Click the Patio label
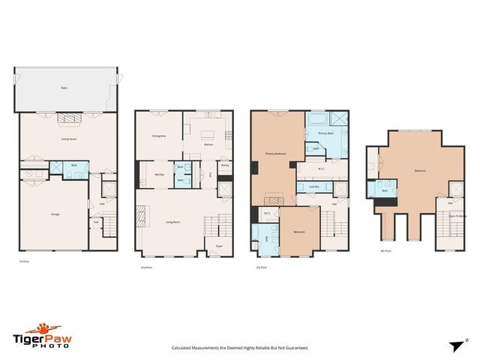64,88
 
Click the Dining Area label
159,136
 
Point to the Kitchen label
210,147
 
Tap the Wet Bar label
160,175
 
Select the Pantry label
225,166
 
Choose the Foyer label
220,245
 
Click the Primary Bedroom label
275,154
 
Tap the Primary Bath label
325,133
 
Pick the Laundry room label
314,187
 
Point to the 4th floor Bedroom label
420,171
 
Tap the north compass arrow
456,346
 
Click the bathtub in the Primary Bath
315,119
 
